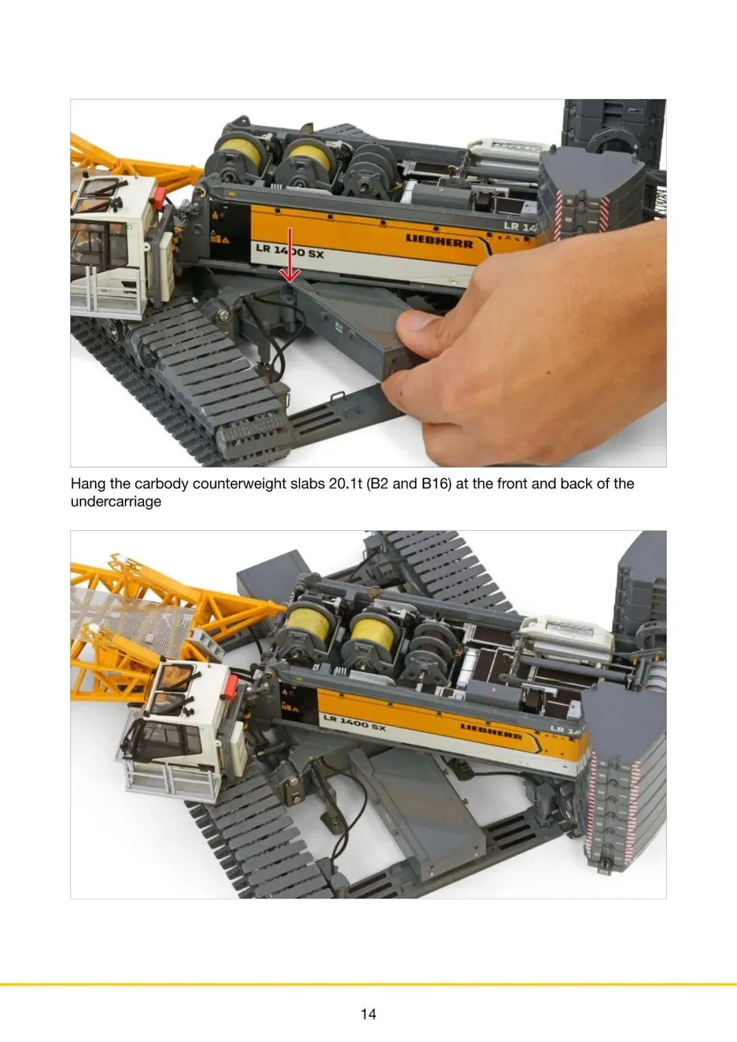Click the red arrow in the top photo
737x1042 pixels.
(x=290, y=255)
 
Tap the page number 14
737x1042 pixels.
(x=369, y=1013)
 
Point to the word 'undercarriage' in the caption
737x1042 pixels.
(x=116, y=502)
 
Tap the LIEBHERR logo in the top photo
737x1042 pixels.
(x=439, y=242)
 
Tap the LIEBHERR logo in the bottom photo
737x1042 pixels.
(x=491, y=731)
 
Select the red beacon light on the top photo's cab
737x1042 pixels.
(x=158, y=197)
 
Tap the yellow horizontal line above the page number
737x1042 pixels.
(x=369, y=984)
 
